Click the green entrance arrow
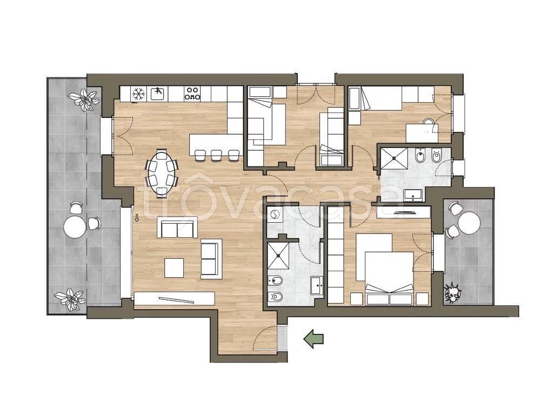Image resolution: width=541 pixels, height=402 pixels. tap(313, 338)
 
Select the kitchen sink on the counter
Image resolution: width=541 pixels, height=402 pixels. tap(158, 93)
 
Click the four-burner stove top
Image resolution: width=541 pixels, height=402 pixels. tap(192, 93)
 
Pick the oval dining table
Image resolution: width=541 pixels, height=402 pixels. tap(162, 173)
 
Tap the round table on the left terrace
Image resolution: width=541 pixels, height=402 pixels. tap(75, 226)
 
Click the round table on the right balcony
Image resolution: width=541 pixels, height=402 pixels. tap(469, 223)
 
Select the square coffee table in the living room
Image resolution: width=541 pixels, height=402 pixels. tap(174, 268)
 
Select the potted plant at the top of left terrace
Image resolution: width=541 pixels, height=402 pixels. tap(83, 99)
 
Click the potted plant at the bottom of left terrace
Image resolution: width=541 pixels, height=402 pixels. tap(70, 298)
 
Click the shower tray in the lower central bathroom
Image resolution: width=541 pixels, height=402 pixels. tap(278, 256)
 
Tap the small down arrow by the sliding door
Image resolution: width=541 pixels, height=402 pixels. tap(137, 218)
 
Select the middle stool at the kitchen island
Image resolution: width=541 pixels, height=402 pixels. tap(216, 156)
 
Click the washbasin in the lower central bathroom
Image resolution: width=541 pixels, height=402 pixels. tap(316, 285)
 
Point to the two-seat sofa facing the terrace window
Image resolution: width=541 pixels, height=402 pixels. tap(177, 227)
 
